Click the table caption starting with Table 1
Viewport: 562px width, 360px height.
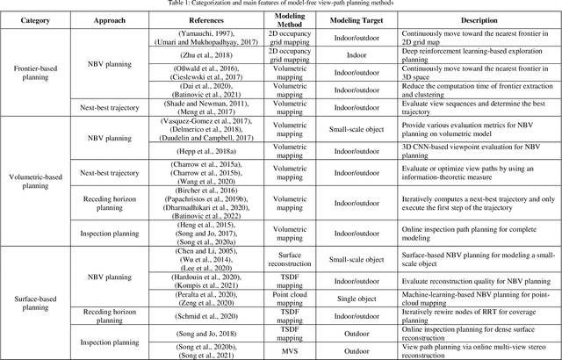coord(281,5)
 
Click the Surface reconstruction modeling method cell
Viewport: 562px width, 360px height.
coord(291,264)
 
